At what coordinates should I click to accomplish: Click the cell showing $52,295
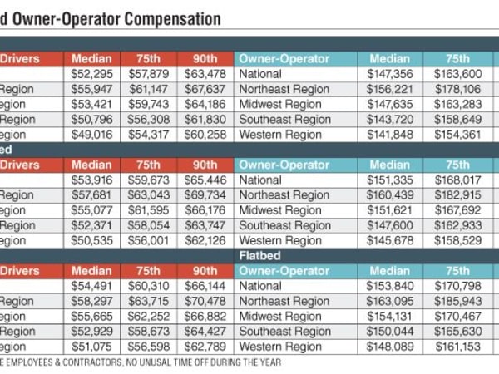click(x=91, y=74)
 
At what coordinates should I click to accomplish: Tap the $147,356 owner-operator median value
click(x=389, y=74)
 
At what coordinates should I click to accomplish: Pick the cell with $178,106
click(x=457, y=89)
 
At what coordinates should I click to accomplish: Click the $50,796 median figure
click(x=91, y=119)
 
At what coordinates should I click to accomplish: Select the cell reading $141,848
click(x=389, y=134)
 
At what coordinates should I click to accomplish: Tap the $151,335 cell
click(x=389, y=180)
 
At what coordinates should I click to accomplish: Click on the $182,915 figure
click(x=457, y=194)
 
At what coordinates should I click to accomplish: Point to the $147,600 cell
click(x=389, y=225)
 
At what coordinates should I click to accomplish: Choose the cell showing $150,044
click(x=389, y=331)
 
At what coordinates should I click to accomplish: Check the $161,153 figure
click(x=457, y=346)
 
